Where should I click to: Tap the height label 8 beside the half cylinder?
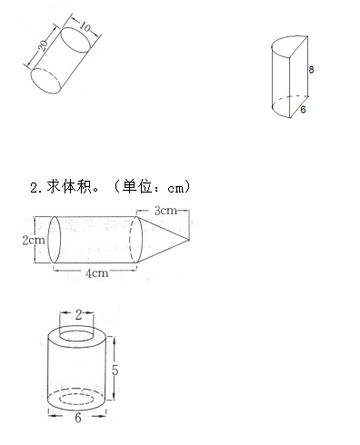click(x=311, y=69)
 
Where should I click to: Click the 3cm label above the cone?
click(x=165, y=211)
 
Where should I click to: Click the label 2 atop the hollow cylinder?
click(x=79, y=315)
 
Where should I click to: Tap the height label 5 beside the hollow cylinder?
click(x=115, y=371)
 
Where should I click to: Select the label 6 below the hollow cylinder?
click(x=78, y=420)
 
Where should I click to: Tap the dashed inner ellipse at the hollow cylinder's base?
click(x=79, y=397)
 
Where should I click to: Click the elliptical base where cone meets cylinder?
click(x=136, y=240)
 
